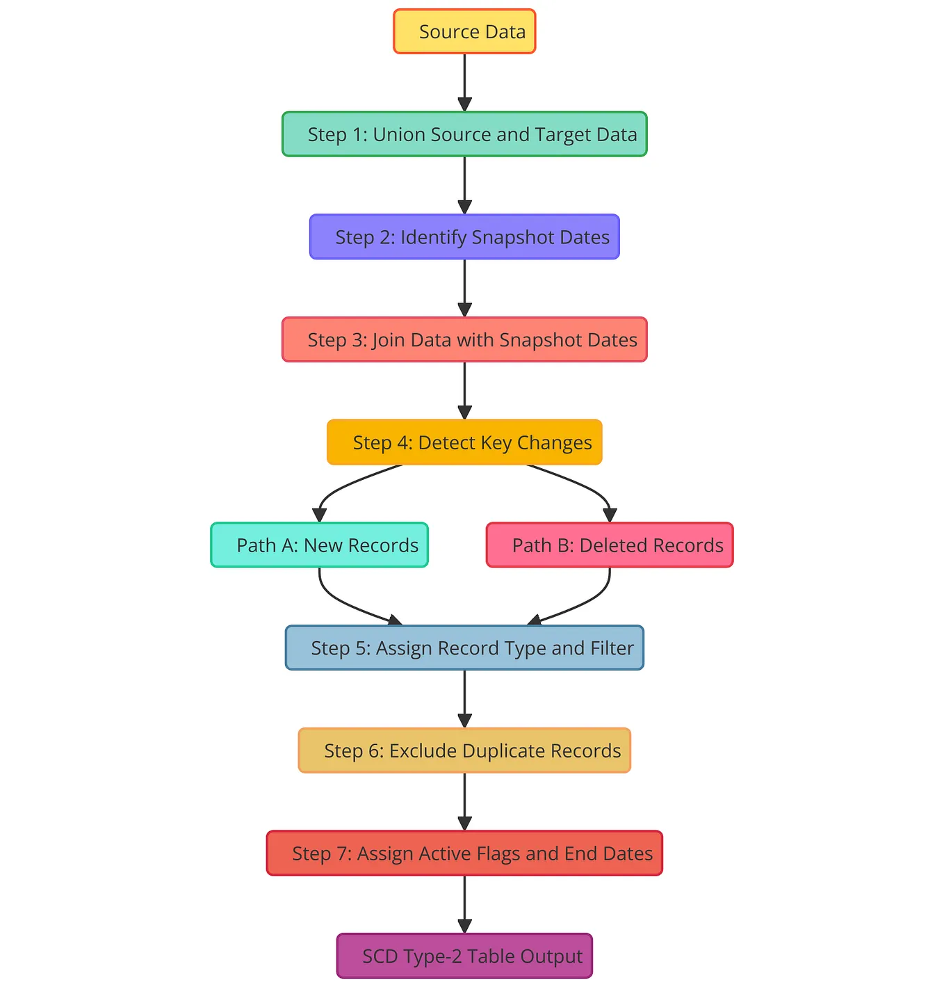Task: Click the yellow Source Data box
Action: (x=464, y=31)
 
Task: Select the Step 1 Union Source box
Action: (x=464, y=134)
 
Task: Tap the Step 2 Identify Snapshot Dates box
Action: (x=464, y=237)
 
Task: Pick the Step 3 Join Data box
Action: (x=464, y=339)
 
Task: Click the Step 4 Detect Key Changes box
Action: (x=464, y=442)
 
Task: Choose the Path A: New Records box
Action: (x=319, y=545)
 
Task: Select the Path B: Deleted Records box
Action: (x=610, y=545)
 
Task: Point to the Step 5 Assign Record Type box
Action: (x=464, y=648)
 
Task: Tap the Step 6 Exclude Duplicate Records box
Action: (x=464, y=751)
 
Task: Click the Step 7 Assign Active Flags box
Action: (x=464, y=853)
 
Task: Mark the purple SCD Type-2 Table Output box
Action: (x=464, y=956)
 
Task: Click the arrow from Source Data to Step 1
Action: (x=464, y=82)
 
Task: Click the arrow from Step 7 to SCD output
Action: (x=464, y=904)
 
